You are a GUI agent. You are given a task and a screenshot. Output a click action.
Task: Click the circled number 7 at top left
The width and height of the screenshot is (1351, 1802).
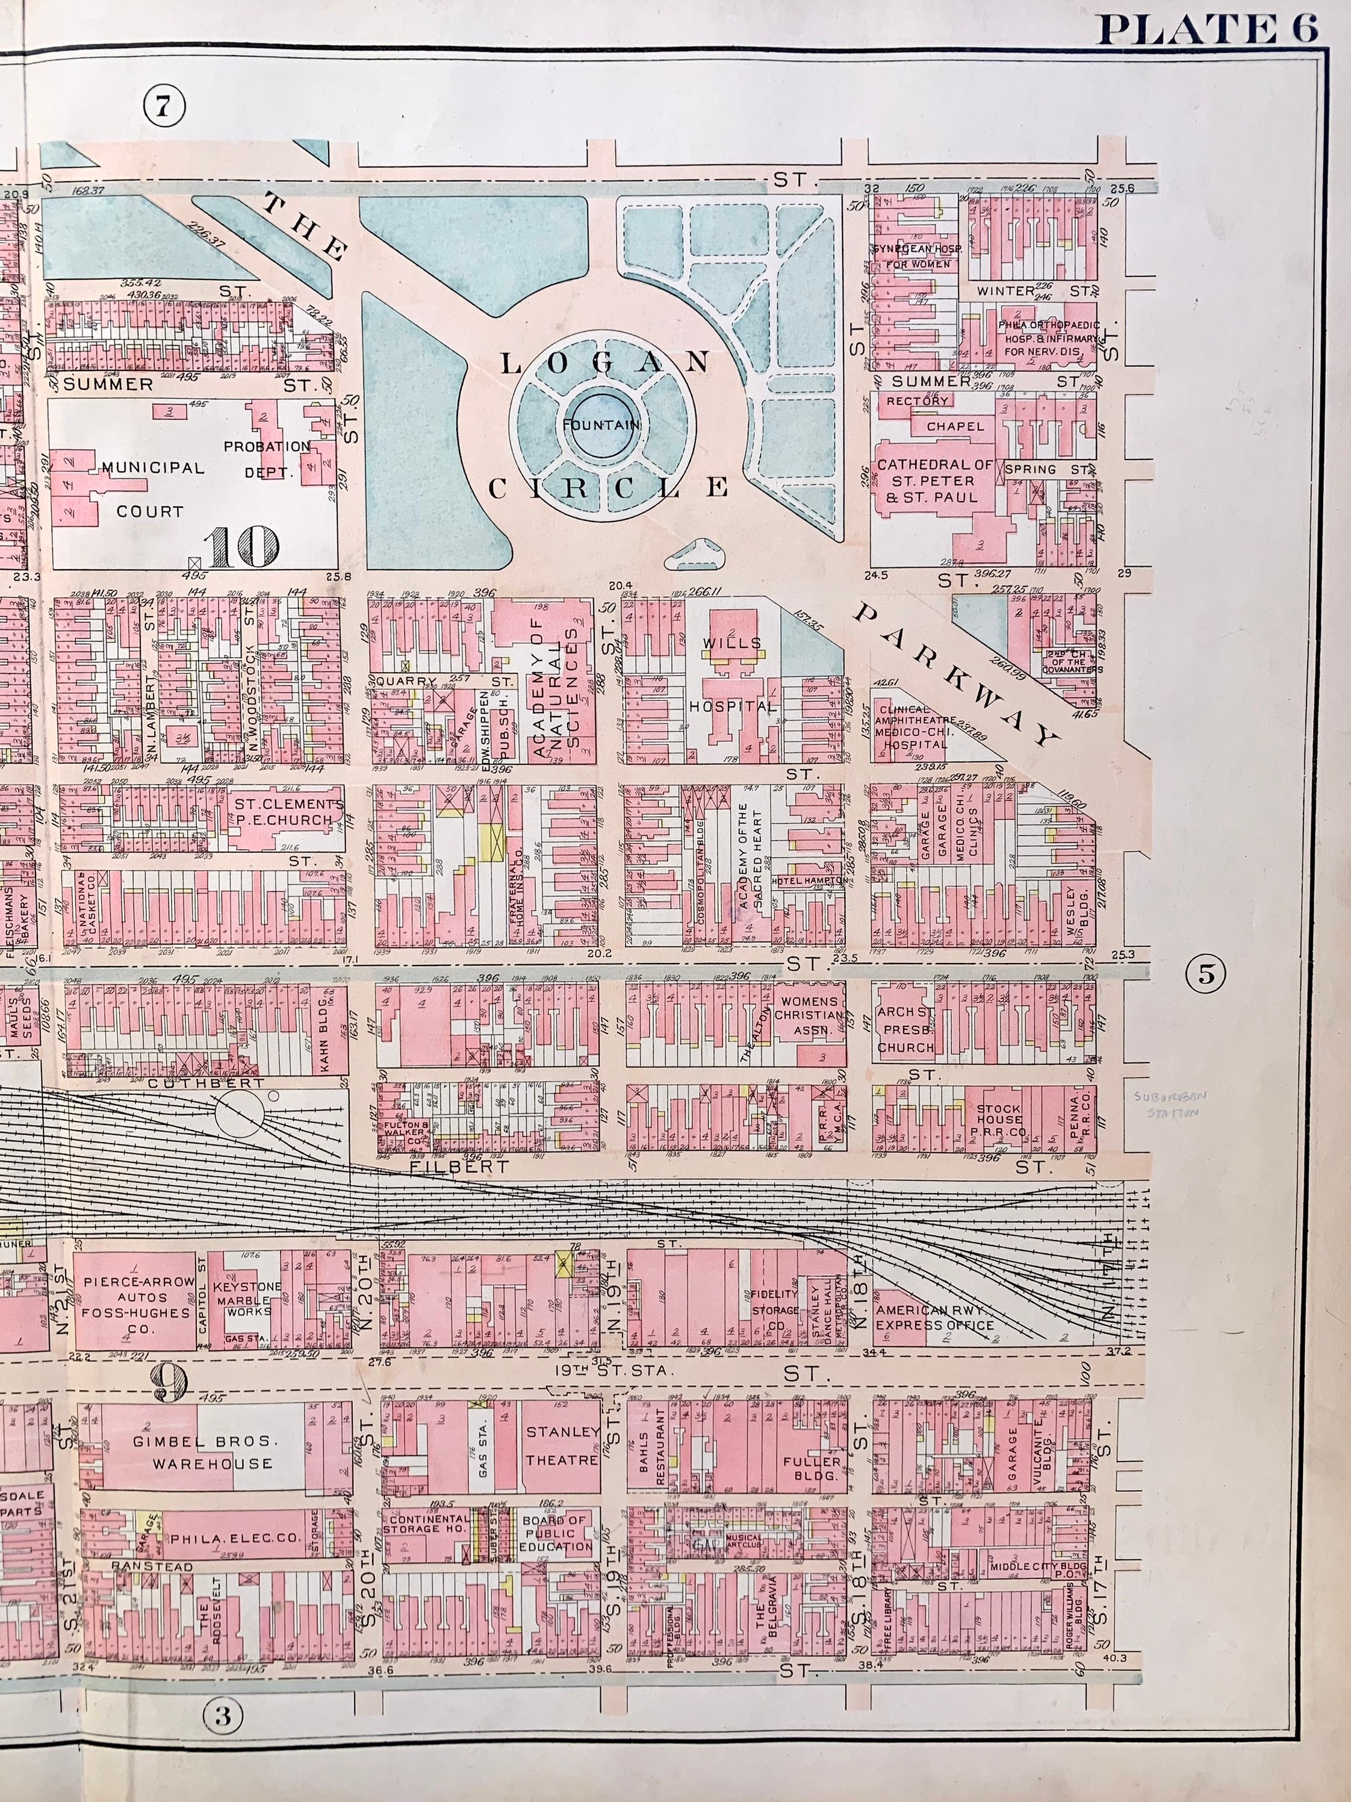(x=164, y=106)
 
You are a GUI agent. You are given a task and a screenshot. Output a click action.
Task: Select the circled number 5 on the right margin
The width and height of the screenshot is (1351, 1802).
(x=1206, y=973)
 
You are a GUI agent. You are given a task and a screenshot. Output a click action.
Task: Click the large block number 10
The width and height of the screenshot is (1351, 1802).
(x=243, y=547)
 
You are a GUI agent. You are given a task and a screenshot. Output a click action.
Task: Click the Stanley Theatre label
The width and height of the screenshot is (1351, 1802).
(x=562, y=1446)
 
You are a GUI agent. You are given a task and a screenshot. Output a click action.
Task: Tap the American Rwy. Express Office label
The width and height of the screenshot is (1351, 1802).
(x=934, y=1317)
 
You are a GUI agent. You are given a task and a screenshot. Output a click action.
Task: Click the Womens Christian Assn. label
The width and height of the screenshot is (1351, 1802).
(x=809, y=1015)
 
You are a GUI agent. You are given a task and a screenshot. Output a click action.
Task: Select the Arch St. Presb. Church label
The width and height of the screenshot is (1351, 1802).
(x=905, y=1030)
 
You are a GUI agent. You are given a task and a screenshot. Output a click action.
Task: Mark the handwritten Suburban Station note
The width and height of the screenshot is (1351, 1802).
(x=1167, y=1105)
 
